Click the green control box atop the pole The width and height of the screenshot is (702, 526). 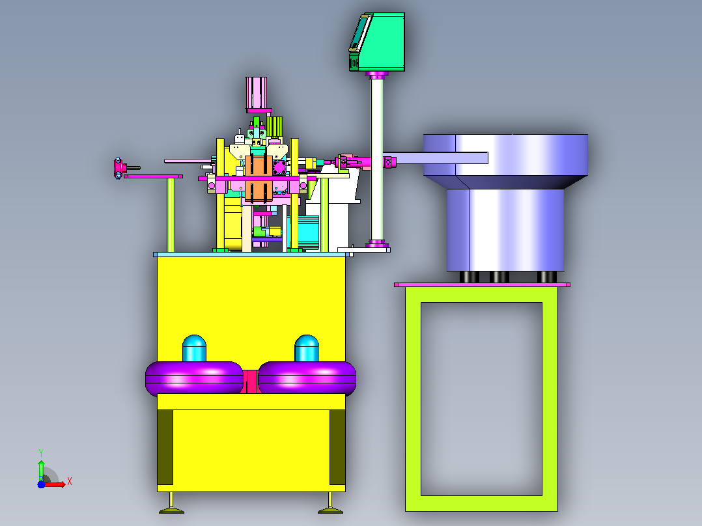pos(378,42)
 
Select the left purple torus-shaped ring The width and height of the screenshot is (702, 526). pos(194,379)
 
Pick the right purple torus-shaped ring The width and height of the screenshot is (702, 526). pos(307,379)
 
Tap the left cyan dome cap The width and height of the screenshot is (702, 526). pos(194,348)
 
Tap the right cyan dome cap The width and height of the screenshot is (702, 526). pos(307,348)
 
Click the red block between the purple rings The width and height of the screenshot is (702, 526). pos(251,381)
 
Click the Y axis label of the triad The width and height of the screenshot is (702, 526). pos(41,452)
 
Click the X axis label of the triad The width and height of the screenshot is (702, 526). pos(70,482)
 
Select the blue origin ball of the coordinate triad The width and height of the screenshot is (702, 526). pos(41,484)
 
